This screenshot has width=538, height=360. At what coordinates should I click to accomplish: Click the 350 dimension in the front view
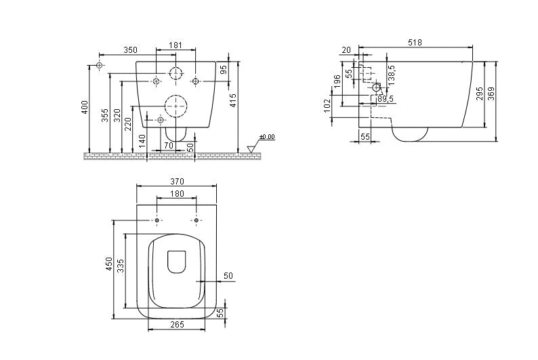click(x=130, y=49)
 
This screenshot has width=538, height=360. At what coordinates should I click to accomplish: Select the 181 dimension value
click(x=175, y=45)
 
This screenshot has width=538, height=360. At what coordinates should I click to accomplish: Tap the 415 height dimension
click(x=233, y=100)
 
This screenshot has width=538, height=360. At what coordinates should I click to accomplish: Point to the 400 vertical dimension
click(x=85, y=107)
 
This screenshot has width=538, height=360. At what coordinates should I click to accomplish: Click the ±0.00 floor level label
click(x=267, y=137)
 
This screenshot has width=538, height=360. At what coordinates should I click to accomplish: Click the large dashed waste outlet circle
click(x=176, y=106)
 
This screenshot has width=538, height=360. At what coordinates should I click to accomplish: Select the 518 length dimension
click(x=415, y=43)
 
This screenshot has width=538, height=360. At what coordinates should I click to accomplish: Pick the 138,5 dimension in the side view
click(x=392, y=75)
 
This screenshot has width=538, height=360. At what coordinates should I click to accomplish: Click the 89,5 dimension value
click(x=386, y=99)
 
